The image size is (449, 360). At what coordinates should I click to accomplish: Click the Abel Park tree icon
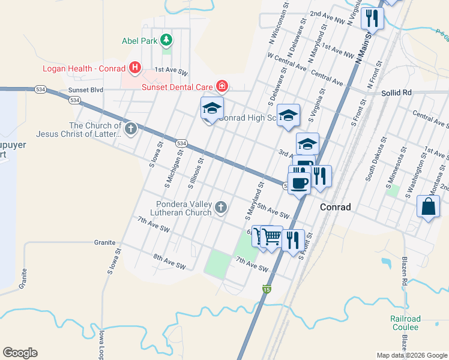click(166, 41)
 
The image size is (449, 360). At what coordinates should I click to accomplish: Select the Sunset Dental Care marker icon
click(222, 86)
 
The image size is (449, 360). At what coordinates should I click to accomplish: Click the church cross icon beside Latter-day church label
click(131, 129)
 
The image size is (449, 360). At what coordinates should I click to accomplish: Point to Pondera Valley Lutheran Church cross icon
click(221, 208)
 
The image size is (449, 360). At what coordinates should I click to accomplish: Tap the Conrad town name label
click(340, 207)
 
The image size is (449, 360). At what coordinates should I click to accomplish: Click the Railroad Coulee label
click(405, 323)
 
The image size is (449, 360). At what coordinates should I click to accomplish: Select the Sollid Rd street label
click(396, 93)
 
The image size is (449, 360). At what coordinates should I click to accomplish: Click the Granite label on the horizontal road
click(104, 242)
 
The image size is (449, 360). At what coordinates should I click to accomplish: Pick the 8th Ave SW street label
click(169, 262)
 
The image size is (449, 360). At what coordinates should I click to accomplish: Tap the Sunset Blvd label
click(86, 90)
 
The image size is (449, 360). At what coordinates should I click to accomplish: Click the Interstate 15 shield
click(266, 289)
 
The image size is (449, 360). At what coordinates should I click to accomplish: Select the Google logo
click(20, 353)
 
